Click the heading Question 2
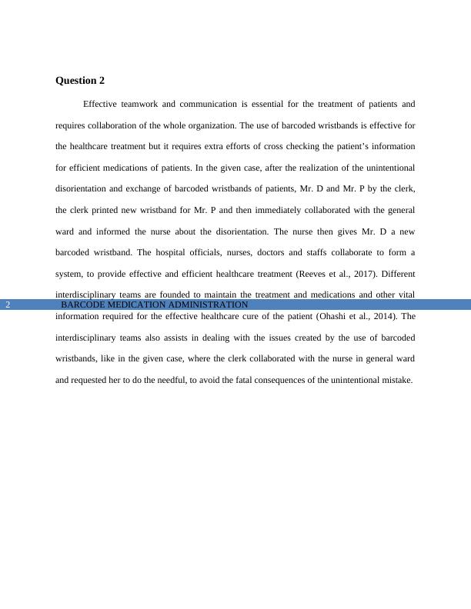pos(80,81)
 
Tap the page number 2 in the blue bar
pos(8,305)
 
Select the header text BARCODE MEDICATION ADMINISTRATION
pos(154,305)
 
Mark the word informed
pos(109,231)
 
